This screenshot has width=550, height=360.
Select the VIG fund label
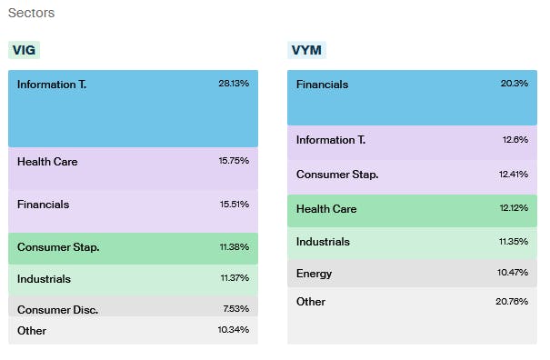[x=25, y=51]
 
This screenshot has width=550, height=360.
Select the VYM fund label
[x=305, y=51]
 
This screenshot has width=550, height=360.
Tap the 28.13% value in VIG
[x=233, y=83]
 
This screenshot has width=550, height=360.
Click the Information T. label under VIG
[x=52, y=84]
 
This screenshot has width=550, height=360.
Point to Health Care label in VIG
[x=47, y=162]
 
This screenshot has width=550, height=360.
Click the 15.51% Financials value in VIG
[x=233, y=205]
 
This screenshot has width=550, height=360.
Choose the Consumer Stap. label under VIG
[x=58, y=246]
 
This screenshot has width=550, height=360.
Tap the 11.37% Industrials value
[x=233, y=279]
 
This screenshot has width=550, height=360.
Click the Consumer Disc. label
[x=57, y=309]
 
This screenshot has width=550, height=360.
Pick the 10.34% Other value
[x=233, y=331]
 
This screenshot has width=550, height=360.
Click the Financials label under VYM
[x=323, y=85]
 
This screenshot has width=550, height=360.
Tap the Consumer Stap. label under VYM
[x=337, y=175]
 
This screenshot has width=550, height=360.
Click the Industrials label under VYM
[x=323, y=242]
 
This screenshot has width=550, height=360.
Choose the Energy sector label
[x=314, y=274]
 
